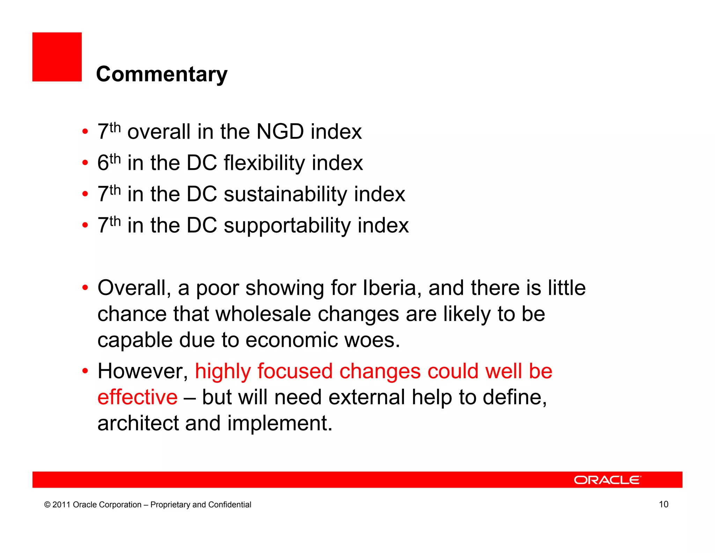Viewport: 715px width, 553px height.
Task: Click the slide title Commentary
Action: point(162,74)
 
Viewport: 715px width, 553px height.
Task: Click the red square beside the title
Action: point(57,57)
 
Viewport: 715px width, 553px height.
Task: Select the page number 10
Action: point(663,504)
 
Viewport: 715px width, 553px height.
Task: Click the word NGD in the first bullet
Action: point(280,132)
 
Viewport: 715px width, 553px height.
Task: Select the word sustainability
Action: point(285,194)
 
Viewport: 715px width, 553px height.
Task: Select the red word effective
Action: point(137,397)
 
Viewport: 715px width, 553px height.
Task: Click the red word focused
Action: point(295,371)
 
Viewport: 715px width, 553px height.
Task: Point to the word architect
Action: point(138,423)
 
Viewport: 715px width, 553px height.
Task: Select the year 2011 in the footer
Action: point(61,504)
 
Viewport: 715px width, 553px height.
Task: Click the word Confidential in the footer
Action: point(229,504)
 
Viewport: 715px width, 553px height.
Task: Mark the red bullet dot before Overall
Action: point(85,288)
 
